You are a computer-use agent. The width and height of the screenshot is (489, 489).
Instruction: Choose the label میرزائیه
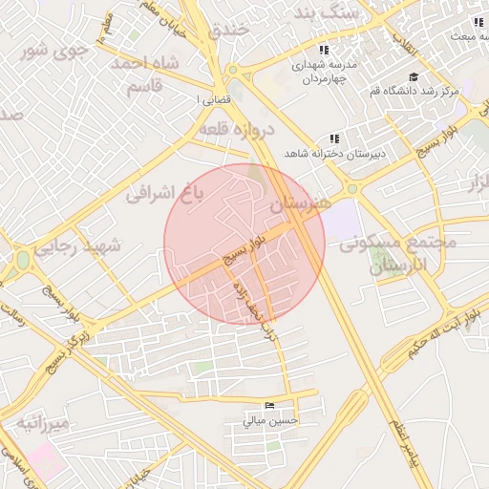(x=41, y=422)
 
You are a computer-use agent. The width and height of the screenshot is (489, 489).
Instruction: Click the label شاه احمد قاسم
(x=143, y=74)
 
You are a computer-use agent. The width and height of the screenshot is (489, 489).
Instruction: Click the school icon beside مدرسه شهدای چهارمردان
(x=324, y=50)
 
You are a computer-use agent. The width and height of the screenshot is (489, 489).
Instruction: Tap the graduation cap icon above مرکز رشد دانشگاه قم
(x=413, y=77)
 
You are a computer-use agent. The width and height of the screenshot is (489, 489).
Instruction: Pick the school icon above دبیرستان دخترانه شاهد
(x=333, y=138)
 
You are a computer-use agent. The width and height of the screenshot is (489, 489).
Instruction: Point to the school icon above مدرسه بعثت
(x=475, y=22)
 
